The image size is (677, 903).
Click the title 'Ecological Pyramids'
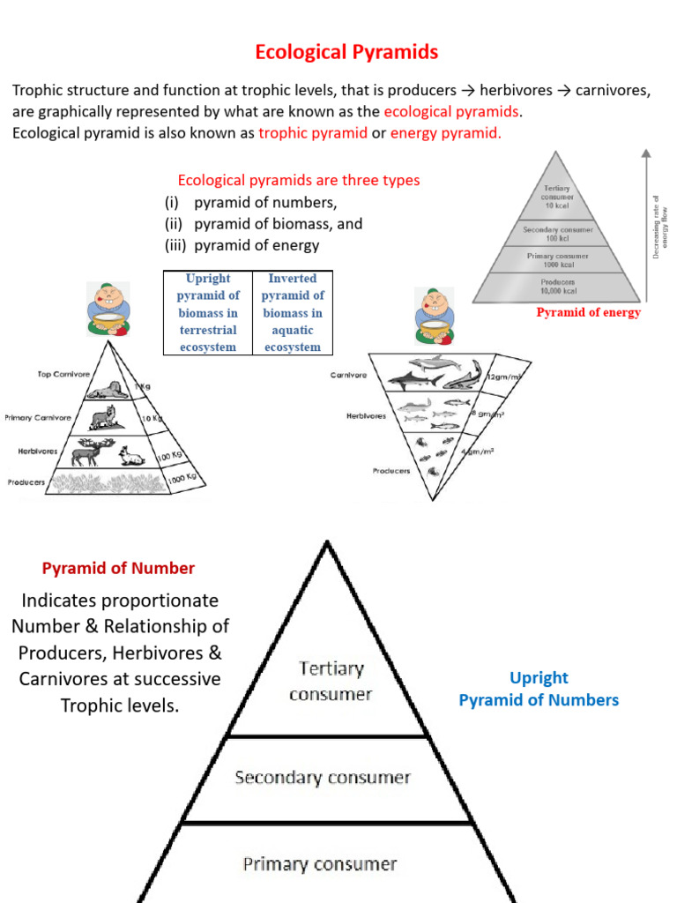(x=346, y=52)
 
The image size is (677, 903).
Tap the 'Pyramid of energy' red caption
(x=588, y=312)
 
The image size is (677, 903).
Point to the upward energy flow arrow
(x=646, y=229)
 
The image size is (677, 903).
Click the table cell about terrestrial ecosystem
(x=207, y=312)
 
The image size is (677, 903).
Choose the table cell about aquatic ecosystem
(x=292, y=312)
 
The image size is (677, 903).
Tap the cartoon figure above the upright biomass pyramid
(x=108, y=310)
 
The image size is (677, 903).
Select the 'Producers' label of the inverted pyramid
(x=391, y=471)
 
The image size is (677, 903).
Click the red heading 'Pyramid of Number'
(x=118, y=569)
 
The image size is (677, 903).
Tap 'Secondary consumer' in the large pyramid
(x=322, y=778)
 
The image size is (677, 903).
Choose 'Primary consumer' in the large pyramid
(x=320, y=864)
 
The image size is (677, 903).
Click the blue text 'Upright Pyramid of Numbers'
(x=539, y=689)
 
